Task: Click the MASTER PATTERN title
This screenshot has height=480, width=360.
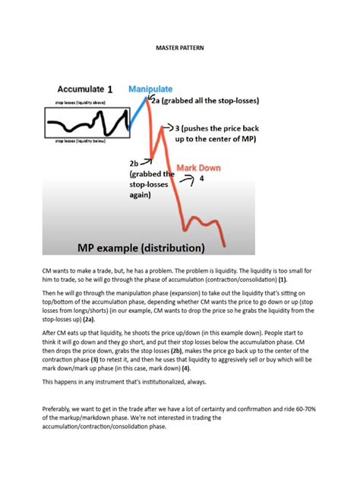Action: tap(179, 49)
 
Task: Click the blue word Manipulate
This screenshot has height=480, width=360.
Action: tap(153, 90)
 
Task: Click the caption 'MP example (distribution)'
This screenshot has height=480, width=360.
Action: tap(141, 247)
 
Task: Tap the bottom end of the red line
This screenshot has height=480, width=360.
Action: tap(224, 245)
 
